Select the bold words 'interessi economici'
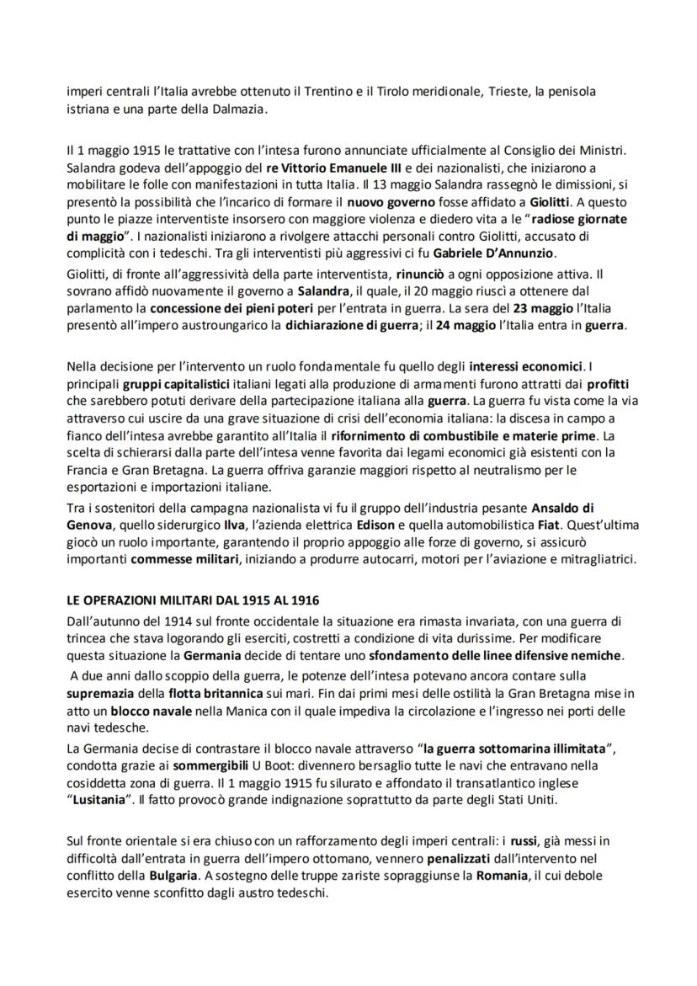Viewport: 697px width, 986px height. [x=527, y=367]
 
